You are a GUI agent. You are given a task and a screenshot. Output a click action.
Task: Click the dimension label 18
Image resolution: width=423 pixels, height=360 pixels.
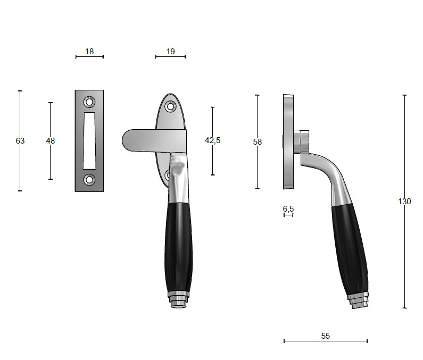[x=89, y=51]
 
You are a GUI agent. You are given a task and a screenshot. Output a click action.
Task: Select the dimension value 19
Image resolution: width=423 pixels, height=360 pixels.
[x=170, y=51]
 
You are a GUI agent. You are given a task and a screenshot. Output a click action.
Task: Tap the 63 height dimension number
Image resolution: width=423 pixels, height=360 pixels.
[x=20, y=141]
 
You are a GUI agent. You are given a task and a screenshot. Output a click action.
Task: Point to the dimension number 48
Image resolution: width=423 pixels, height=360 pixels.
[x=51, y=141]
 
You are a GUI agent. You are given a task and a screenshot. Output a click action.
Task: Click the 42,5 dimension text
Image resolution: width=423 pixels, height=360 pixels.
[x=213, y=140]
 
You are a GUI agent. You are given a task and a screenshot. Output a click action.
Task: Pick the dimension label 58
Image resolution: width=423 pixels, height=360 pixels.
[x=258, y=142]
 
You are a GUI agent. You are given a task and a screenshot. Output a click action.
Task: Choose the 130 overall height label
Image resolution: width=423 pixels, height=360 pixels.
[x=404, y=202]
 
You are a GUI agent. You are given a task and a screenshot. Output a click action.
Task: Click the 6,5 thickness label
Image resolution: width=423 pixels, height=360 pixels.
[x=288, y=209]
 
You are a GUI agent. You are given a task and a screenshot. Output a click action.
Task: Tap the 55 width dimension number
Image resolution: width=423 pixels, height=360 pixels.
[x=326, y=336]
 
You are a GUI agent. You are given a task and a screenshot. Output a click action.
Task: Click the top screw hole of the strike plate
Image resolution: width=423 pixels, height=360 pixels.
[x=89, y=102]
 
